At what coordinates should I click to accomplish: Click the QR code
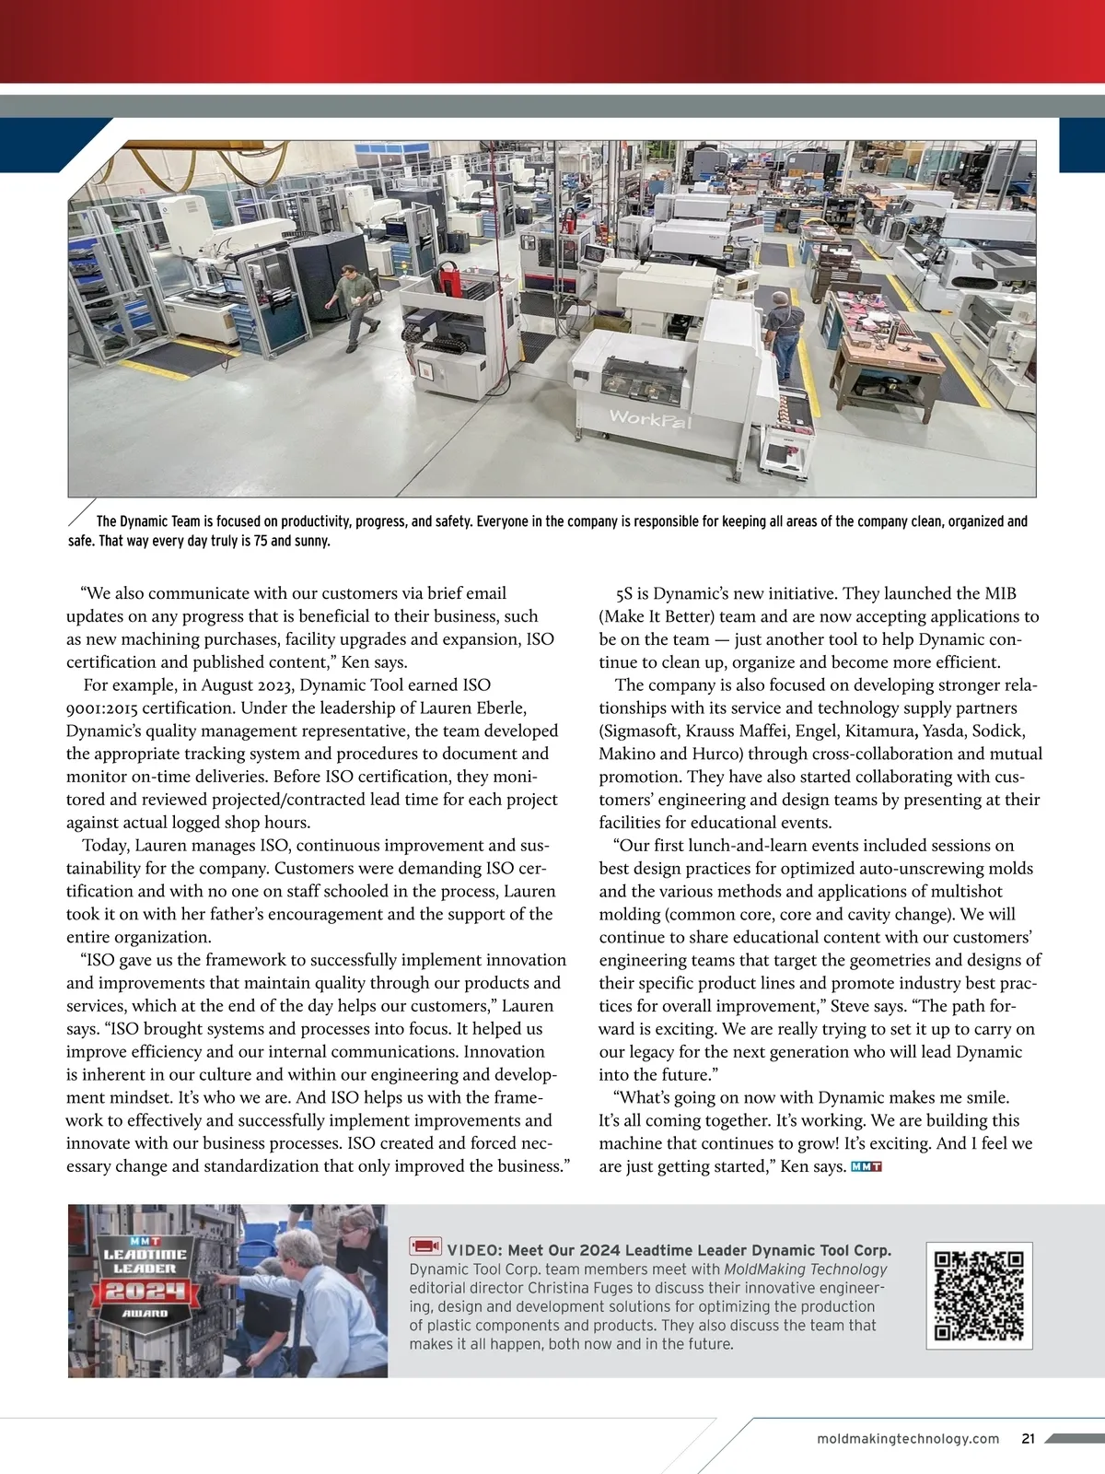click(x=979, y=1295)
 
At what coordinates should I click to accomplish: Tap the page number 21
click(x=1029, y=1439)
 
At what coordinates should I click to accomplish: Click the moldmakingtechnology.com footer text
click(x=908, y=1439)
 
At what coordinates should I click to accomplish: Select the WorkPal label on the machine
click(x=650, y=419)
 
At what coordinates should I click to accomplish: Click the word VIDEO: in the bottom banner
click(x=474, y=1250)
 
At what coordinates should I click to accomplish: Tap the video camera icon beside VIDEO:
click(x=425, y=1247)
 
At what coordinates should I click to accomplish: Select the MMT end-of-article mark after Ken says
click(x=867, y=1167)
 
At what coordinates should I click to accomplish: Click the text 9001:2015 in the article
click(x=101, y=708)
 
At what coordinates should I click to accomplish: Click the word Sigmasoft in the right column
click(x=642, y=731)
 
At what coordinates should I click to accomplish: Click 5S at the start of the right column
click(x=624, y=594)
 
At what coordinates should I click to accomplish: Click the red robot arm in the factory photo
click(x=449, y=276)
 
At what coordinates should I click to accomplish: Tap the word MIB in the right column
click(x=1000, y=594)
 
